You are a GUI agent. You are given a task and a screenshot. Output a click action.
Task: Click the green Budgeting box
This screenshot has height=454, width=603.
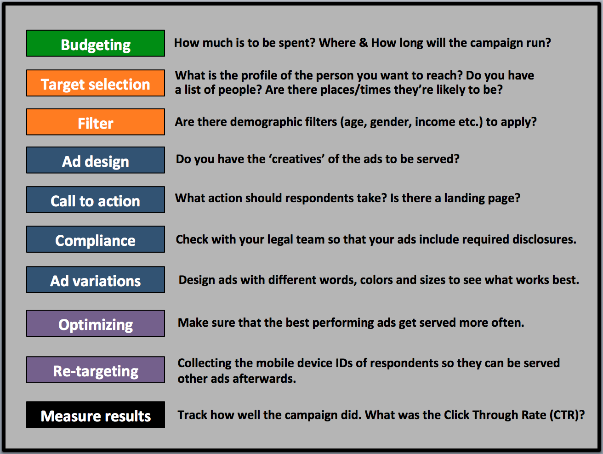pyautogui.click(x=96, y=43)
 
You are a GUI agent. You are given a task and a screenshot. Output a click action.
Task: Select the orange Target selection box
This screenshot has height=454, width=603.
pyautogui.click(x=96, y=83)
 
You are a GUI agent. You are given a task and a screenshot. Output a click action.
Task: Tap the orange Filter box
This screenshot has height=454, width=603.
pyautogui.click(x=96, y=122)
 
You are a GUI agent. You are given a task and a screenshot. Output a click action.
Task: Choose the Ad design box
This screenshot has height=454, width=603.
pyautogui.click(x=96, y=160)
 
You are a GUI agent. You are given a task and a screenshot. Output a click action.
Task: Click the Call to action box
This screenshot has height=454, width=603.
pyautogui.click(x=96, y=200)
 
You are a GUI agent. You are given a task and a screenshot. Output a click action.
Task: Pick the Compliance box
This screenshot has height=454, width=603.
pyautogui.click(x=96, y=239)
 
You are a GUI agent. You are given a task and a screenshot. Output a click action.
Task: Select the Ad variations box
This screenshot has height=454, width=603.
pyautogui.click(x=96, y=279)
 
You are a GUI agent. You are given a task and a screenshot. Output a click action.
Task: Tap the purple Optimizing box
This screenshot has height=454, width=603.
pyautogui.click(x=96, y=323)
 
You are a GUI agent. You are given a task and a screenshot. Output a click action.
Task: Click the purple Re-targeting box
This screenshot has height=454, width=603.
pyautogui.click(x=96, y=370)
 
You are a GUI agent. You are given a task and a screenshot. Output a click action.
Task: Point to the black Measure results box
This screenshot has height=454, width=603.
pyautogui.click(x=96, y=415)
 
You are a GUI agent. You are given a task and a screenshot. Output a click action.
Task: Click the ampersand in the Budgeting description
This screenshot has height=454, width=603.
pyautogui.click(x=363, y=43)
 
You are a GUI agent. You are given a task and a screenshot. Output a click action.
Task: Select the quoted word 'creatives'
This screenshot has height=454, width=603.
pyautogui.click(x=297, y=159)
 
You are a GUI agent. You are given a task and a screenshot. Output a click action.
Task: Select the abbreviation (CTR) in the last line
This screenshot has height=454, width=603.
pyautogui.click(x=564, y=415)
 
